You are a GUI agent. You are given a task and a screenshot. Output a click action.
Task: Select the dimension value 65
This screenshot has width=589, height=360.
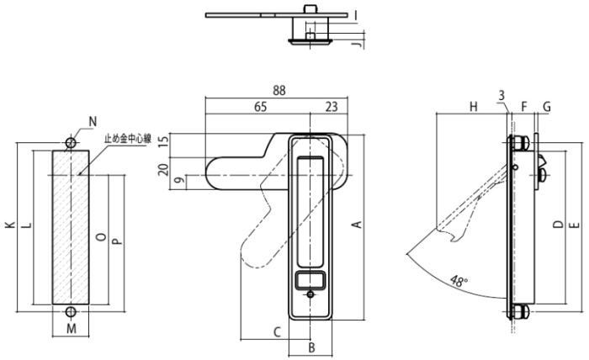point(260,107)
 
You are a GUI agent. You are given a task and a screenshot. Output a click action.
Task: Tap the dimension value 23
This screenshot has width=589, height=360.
point(331,107)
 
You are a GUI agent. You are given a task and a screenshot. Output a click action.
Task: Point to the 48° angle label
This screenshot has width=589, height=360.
point(459,281)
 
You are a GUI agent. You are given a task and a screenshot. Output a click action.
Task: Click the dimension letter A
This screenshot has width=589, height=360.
point(356,225)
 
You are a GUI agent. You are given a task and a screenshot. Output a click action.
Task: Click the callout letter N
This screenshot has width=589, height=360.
point(93,123)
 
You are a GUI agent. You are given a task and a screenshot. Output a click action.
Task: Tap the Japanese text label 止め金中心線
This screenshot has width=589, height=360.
point(127,140)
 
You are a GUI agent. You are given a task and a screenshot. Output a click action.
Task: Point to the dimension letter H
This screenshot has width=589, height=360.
point(473,107)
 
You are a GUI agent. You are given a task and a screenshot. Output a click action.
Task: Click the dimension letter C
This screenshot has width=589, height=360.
point(276,331)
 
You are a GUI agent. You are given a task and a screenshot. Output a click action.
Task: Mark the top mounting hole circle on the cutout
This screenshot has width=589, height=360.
point(71,143)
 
